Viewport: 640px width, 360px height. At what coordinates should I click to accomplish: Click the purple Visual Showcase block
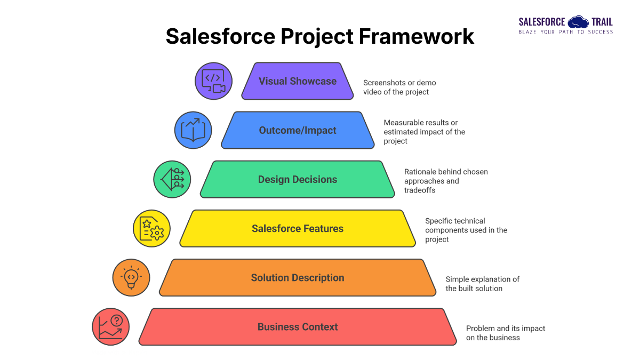[298, 81]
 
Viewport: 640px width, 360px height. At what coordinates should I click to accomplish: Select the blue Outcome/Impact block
[298, 130]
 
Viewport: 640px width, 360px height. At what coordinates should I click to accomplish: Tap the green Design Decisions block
[298, 179]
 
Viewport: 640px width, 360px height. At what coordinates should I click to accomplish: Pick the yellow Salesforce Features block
[298, 228]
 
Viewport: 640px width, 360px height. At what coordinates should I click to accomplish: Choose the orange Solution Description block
[298, 277]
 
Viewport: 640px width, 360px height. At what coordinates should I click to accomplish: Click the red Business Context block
[298, 326]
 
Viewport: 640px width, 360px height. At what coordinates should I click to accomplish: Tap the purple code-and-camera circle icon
[213, 81]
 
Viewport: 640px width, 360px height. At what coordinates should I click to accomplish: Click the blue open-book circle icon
[193, 130]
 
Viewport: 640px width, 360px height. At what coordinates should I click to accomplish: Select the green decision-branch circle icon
[172, 179]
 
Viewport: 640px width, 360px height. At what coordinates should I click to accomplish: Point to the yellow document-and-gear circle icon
[151, 228]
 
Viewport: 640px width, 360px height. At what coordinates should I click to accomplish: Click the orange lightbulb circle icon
[131, 277]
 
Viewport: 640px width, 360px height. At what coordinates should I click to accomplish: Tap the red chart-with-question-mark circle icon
[110, 326]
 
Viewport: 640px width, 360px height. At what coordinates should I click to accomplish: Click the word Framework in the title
[417, 36]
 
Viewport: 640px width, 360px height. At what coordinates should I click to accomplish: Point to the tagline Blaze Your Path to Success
[566, 32]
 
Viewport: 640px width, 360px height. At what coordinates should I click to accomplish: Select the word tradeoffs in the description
[420, 190]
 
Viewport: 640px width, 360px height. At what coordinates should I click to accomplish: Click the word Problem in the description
[482, 329]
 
